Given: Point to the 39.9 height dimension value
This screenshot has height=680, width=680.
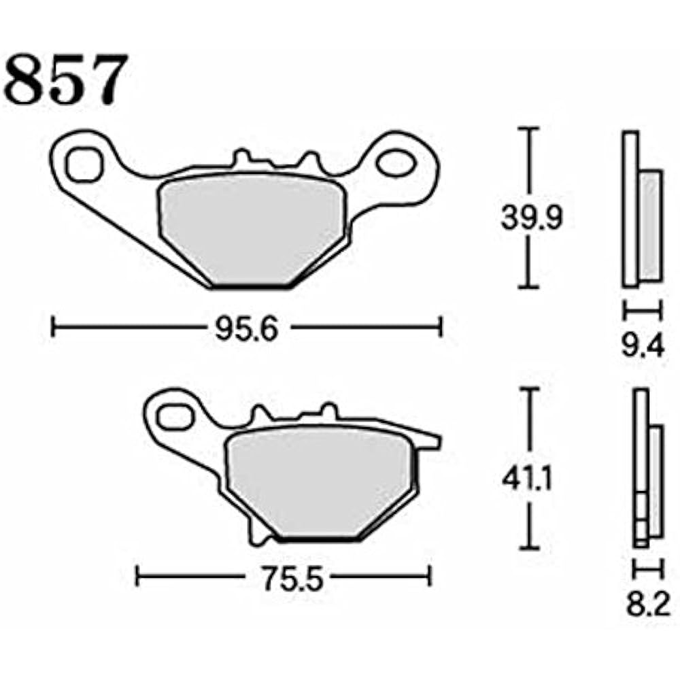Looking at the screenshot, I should tap(530, 218).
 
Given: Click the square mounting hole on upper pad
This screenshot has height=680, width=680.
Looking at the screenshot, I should tap(84, 165).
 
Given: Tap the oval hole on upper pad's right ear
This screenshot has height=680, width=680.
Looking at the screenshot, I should tap(395, 164).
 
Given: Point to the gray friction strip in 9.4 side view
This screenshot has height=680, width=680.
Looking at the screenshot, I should tap(651, 224).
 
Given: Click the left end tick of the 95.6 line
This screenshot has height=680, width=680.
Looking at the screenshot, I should tap(53, 326).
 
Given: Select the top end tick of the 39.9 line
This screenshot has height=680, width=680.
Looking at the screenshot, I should tap(530, 128).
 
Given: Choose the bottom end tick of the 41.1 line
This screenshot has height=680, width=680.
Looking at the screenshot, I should tap(530, 548).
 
